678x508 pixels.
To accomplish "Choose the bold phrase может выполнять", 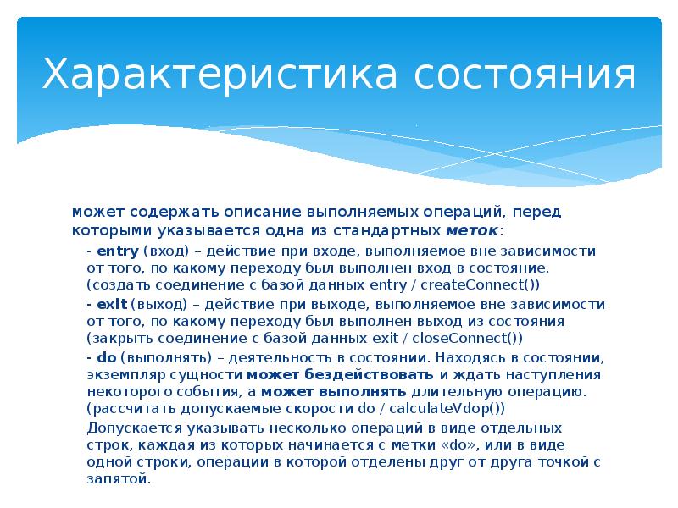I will (x=335, y=392).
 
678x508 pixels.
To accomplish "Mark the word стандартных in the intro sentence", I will (x=398, y=230).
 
